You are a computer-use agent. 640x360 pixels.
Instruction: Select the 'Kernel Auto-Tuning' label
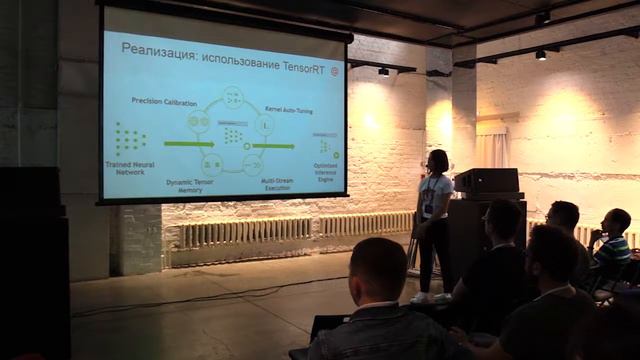[x=288, y=108]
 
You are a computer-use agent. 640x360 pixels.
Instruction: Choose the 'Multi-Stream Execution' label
[x=276, y=183]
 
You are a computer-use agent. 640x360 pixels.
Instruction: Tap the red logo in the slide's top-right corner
[x=334, y=72]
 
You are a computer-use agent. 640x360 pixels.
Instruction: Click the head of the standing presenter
[x=437, y=160]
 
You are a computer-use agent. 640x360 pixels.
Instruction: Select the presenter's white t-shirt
[x=436, y=195]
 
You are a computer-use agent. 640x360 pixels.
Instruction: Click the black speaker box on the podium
[x=486, y=181]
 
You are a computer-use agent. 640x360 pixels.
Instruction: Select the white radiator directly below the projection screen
[x=245, y=232]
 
